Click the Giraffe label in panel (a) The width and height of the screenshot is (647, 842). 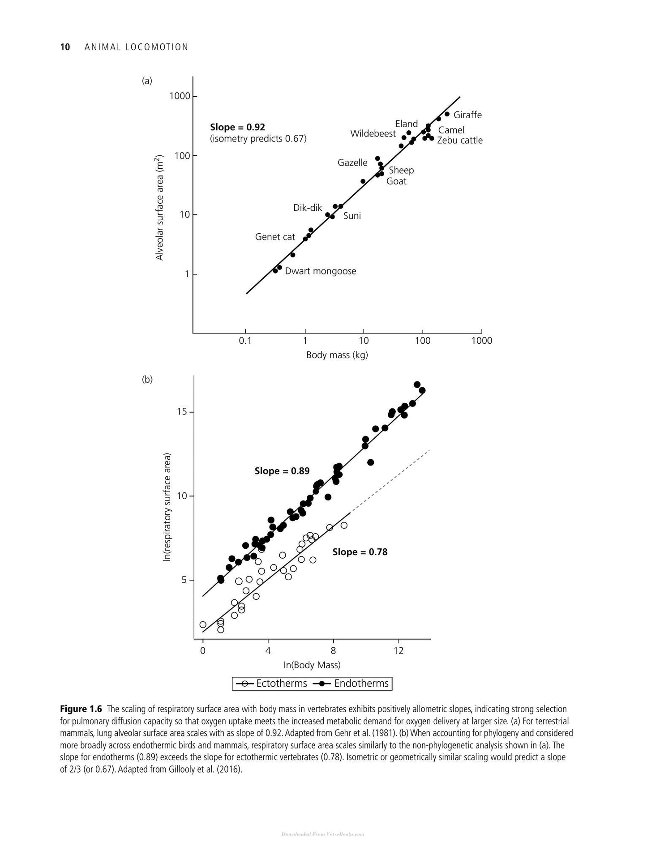(467, 115)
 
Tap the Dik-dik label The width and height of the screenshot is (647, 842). (308, 208)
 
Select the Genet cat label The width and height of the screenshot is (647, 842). (275, 237)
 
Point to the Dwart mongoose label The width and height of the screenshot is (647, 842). (321, 271)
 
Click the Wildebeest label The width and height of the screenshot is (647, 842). (373, 134)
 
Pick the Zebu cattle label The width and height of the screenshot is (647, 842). (460, 141)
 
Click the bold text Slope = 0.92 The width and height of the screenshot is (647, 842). (237, 128)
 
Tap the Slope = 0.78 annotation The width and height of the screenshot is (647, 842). (360, 552)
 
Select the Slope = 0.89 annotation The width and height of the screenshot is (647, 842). (282, 471)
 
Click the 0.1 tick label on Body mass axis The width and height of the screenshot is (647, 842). (245, 341)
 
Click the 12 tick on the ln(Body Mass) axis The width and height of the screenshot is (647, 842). (398, 651)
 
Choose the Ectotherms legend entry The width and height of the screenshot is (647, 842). (271, 684)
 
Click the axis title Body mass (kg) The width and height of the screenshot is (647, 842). (337, 355)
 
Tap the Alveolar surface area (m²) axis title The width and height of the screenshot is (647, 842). (160, 208)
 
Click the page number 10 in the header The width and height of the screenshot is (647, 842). (65, 47)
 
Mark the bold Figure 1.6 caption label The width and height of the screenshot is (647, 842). (81, 709)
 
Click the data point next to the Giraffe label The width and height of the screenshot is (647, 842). (447, 114)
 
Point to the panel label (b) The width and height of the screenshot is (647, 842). (147, 380)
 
